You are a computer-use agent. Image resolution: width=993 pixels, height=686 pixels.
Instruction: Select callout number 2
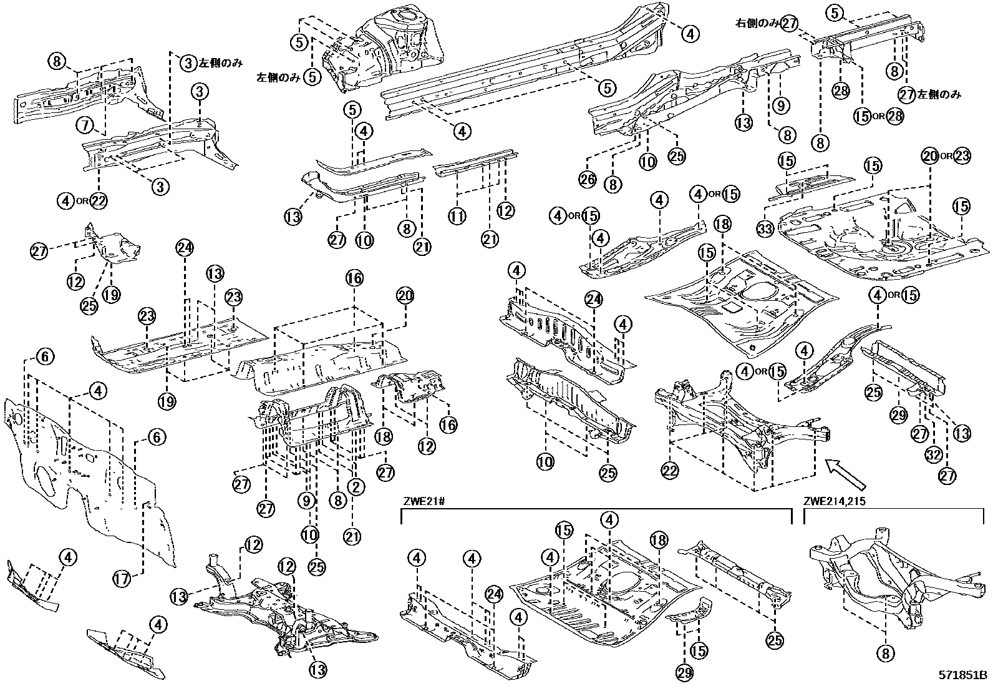[x=355, y=486]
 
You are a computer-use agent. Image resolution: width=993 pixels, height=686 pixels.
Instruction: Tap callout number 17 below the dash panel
[x=122, y=579]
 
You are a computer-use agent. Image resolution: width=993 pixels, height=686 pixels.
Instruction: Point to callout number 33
[x=765, y=229]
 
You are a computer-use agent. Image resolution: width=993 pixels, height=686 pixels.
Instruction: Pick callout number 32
[x=934, y=455]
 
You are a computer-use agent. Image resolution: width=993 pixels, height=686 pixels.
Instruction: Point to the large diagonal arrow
[x=845, y=474]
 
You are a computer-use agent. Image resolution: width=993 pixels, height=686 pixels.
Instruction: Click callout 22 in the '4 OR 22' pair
[x=99, y=200]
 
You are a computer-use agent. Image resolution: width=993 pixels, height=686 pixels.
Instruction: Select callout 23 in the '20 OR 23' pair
[x=962, y=156]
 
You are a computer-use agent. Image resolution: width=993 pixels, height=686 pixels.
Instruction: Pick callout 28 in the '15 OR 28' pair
[x=894, y=116]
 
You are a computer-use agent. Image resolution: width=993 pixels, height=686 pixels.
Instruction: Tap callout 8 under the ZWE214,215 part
[x=885, y=654]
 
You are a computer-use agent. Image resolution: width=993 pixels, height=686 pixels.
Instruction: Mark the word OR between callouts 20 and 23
[x=946, y=156]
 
